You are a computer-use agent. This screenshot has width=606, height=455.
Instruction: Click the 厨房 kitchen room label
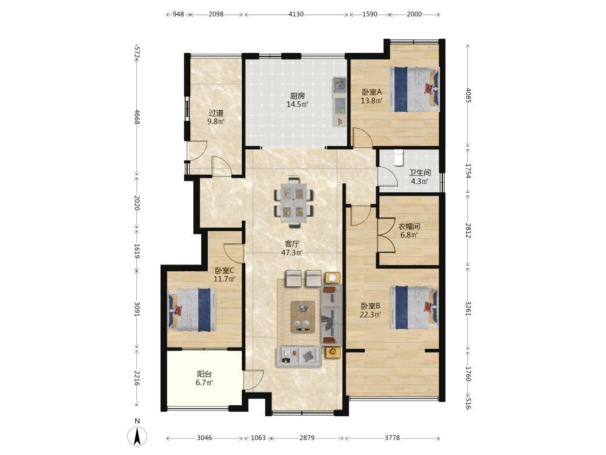(x=297, y=96)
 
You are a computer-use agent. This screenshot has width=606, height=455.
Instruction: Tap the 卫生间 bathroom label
(x=420, y=172)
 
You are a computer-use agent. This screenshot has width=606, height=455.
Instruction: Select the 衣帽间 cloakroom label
(x=409, y=226)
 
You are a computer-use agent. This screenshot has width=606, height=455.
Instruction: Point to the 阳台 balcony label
(x=204, y=374)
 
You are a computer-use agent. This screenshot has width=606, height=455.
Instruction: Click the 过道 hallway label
(x=216, y=113)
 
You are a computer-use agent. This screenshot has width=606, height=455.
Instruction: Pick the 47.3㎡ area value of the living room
(x=292, y=252)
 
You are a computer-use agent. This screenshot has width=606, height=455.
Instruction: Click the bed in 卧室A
(x=415, y=89)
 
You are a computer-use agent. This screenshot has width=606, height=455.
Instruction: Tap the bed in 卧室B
(x=415, y=308)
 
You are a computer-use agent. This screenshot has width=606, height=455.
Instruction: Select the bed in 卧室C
(x=192, y=309)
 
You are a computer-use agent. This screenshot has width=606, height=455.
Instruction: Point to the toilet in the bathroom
(x=399, y=157)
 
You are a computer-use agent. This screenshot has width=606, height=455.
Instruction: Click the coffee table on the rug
(x=302, y=317)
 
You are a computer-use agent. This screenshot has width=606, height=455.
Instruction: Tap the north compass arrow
(x=137, y=436)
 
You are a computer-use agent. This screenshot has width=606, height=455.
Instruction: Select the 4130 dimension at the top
(x=296, y=15)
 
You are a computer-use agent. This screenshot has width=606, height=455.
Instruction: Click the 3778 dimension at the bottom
(x=392, y=438)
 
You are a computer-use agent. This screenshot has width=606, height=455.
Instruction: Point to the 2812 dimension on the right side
(x=468, y=230)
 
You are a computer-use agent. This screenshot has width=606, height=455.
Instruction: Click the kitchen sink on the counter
(x=340, y=85)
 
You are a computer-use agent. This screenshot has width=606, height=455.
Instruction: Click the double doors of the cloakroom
(x=385, y=235)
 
